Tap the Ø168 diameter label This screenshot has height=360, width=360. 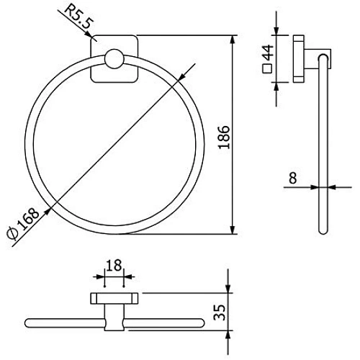point(20,225)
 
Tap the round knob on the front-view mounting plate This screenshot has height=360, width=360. point(114,60)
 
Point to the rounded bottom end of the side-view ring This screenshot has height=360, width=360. point(322,230)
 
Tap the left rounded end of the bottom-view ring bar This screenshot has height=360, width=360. point(29,320)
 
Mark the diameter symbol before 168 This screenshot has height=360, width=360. point(13,238)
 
